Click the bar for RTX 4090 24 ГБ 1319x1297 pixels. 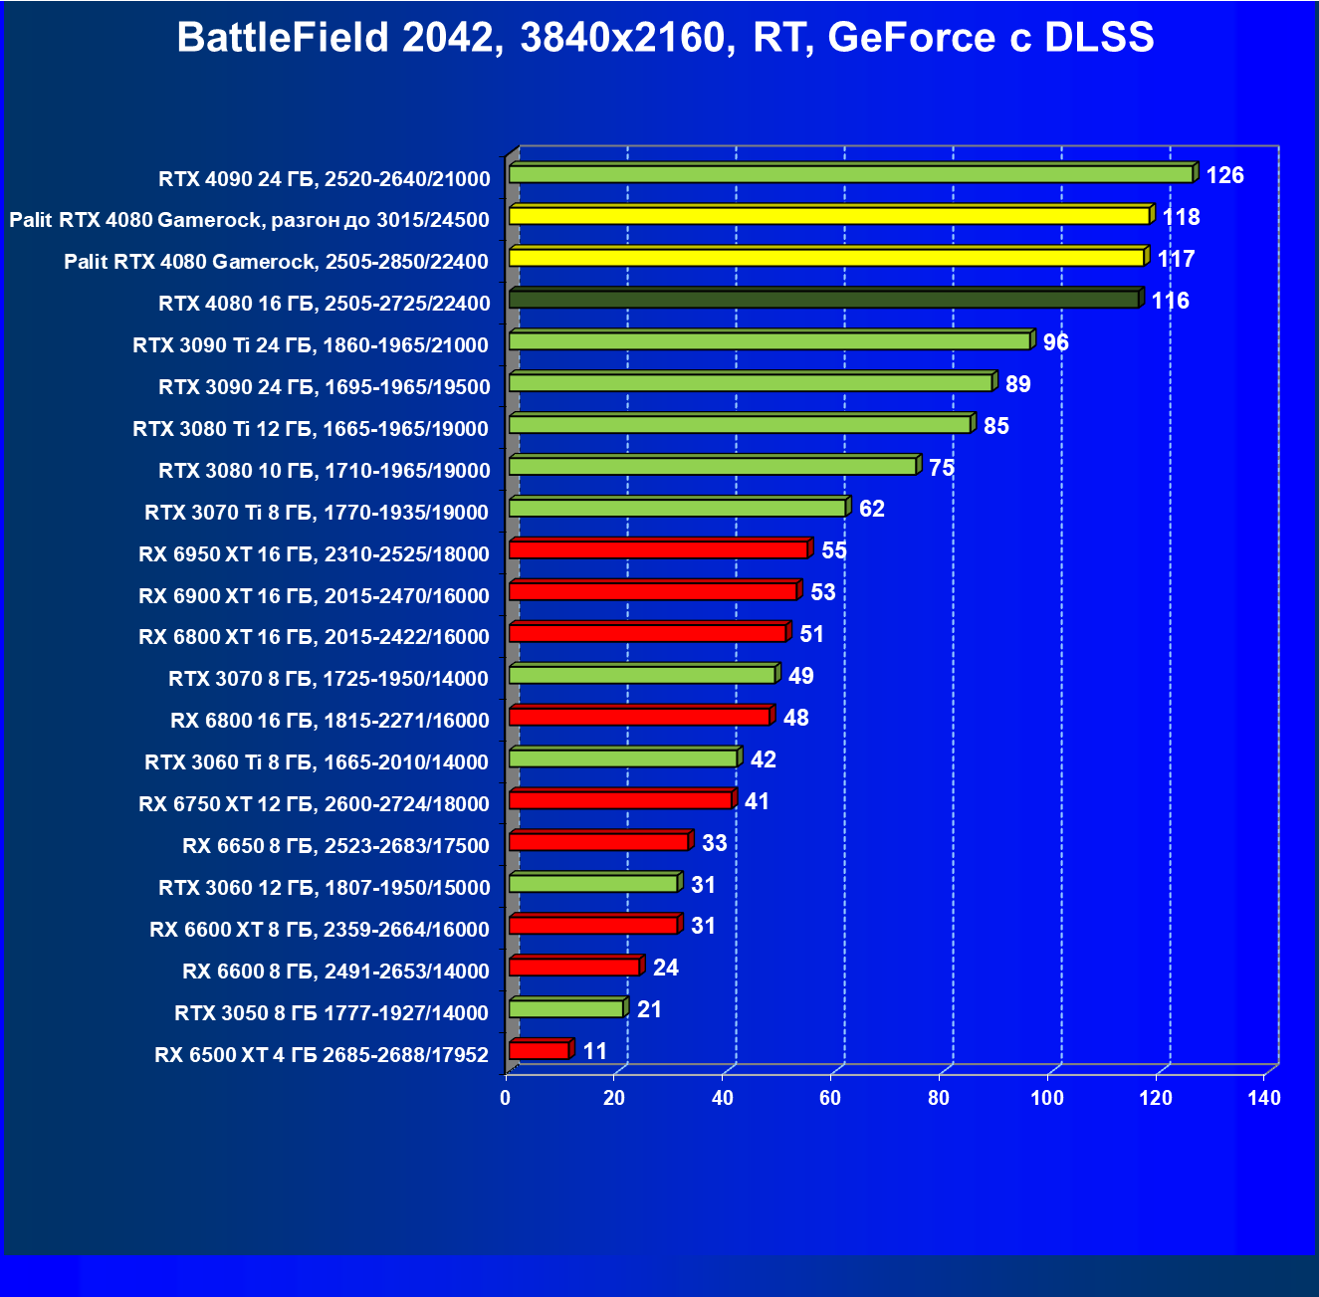click(851, 174)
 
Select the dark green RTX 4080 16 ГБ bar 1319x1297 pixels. click(824, 299)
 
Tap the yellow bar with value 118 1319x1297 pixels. click(829, 216)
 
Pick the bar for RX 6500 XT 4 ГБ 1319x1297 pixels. click(539, 1050)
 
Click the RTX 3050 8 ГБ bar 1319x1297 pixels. click(565, 1008)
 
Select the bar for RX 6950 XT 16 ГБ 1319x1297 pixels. click(658, 549)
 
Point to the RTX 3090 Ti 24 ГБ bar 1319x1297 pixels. click(769, 340)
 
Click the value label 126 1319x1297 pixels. click(1224, 175)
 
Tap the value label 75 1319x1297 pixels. click(941, 468)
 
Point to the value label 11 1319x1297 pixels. click(594, 1051)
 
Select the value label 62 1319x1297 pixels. click(871, 509)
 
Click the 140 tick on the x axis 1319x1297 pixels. click(1264, 1098)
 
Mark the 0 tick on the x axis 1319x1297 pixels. click(506, 1098)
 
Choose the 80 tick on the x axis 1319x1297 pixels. click(939, 1098)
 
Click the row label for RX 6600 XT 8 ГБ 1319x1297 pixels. click(319, 930)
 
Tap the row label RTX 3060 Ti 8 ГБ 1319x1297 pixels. click(317, 762)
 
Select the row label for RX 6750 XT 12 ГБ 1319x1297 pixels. click(314, 804)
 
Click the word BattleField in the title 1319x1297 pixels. click(283, 38)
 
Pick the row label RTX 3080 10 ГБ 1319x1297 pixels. click(324, 470)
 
